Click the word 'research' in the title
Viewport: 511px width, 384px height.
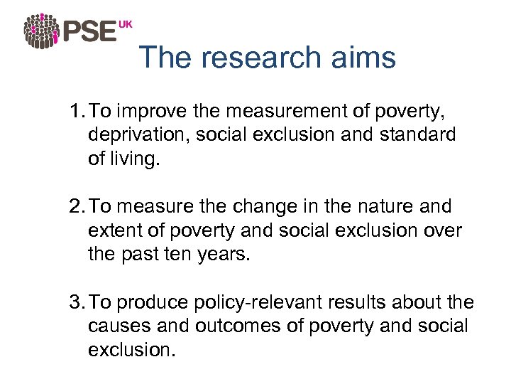[x=259, y=58]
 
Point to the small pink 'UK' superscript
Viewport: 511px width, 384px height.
[x=125, y=24]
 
